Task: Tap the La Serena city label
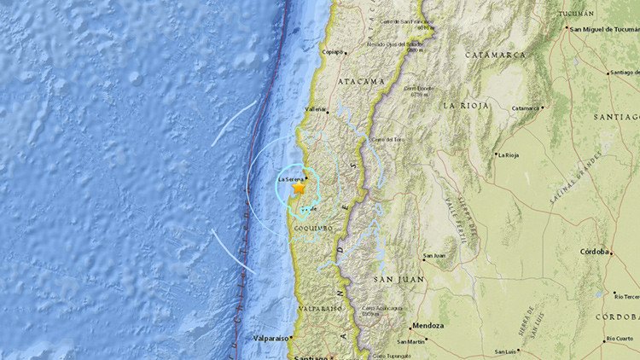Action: pos(291,178)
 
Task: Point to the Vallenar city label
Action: pos(317,109)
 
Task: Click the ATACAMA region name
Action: pos(361,82)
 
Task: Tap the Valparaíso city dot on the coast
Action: pos(291,338)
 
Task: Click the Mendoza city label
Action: pos(428,326)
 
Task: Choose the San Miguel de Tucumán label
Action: pos(603,29)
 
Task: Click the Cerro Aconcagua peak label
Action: pos(381,308)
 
